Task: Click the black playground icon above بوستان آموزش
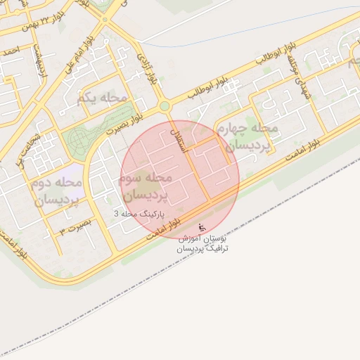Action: [x=202, y=228]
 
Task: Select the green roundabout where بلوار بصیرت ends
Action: [x=165, y=106]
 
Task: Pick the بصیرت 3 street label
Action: [x=75, y=229]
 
